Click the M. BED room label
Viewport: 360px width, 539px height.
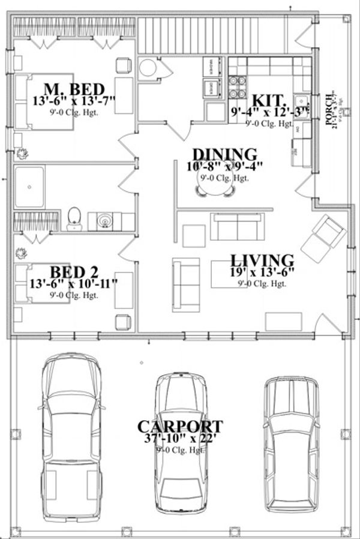(74, 88)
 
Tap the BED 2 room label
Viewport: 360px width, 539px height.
(74, 271)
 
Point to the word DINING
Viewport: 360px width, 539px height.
(224, 155)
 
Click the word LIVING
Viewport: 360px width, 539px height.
(263, 260)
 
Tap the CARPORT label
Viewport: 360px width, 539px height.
(180, 427)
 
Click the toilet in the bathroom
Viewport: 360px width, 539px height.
(75, 218)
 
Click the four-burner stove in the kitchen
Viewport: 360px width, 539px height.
(238, 86)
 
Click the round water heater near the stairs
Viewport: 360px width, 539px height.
(148, 68)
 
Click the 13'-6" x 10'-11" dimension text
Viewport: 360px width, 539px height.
(74, 283)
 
